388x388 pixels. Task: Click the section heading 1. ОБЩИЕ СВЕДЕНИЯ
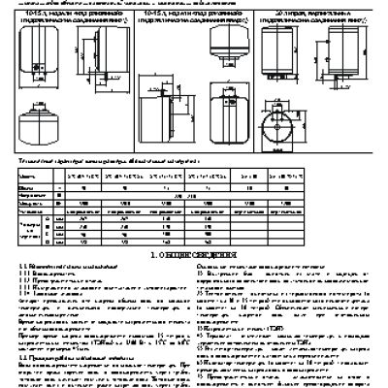point(194,255)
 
